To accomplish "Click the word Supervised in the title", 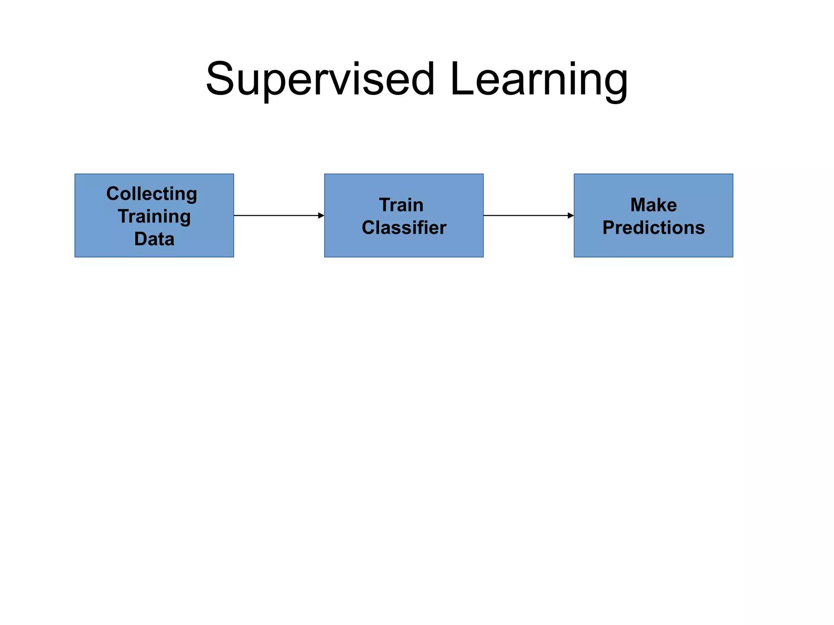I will coord(320,79).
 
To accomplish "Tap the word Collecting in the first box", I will coord(151,194).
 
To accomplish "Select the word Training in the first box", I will coord(154,216).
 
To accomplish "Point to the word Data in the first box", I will coord(154,239).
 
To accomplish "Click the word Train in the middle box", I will coord(401,205).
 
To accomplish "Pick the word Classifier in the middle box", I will coord(404,228).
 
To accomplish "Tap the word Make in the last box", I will coord(654,205).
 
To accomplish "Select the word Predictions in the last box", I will coord(654,228).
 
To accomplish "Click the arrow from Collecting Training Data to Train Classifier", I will coord(277,216).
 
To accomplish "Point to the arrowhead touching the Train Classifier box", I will coord(321,216).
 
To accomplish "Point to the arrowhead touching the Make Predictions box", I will coord(571,216).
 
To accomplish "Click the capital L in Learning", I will coord(462,79).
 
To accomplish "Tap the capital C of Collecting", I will coord(113,194).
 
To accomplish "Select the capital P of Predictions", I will coord(609,228).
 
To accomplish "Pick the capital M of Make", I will coord(639,205).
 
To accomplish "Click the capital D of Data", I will coord(141,239).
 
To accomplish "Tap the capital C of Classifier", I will coord(369,228).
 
